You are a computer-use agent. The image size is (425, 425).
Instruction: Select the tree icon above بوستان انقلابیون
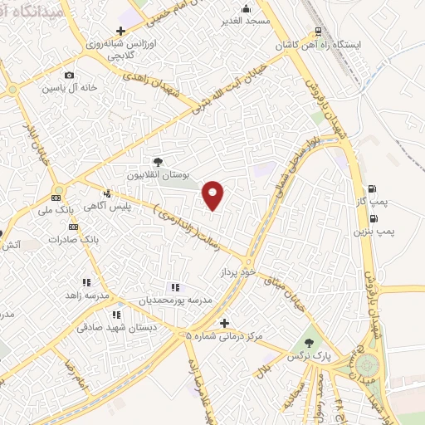pyautogui.click(x=159, y=162)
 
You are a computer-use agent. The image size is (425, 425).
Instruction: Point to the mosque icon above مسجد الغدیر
pyautogui.click(x=246, y=8)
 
